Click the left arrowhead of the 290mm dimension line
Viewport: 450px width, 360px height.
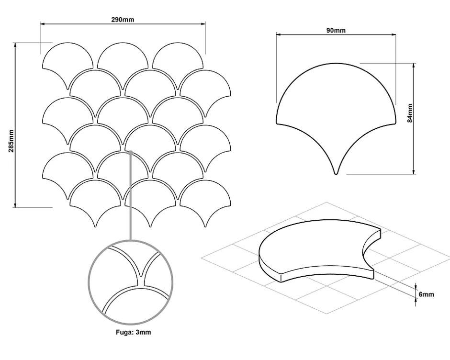pyautogui.click(x=42, y=24)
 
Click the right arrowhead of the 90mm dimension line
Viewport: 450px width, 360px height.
pyautogui.click(x=394, y=35)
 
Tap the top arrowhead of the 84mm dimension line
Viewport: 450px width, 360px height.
pyautogui.click(x=414, y=66)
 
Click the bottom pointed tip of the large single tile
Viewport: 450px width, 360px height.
pyautogui.click(x=336, y=174)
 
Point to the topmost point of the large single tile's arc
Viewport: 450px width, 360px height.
pyautogui.click(x=336, y=64)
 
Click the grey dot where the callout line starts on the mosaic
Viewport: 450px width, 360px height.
pyautogui.click(x=131, y=152)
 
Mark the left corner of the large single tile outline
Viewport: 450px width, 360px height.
pyautogui.click(x=277, y=124)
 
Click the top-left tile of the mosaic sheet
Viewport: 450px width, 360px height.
pyautogui.click(x=67, y=63)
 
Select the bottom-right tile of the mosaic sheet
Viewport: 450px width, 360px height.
pyautogui.click(x=205, y=201)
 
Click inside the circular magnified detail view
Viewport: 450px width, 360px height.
pyautogui.click(x=131, y=282)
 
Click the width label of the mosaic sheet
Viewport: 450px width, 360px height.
pyautogui.click(x=123, y=19)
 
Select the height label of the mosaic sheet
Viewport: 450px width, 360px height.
pyautogui.click(x=11, y=141)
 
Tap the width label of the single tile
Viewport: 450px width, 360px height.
pyautogui.click(x=336, y=30)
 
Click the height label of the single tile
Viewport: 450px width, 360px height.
pyautogui.click(x=410, y=113)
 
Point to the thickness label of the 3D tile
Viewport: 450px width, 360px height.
pyautogui.click(x=426, y=294)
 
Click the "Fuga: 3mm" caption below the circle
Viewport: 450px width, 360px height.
pyautogui.click(x=133, y=332)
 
